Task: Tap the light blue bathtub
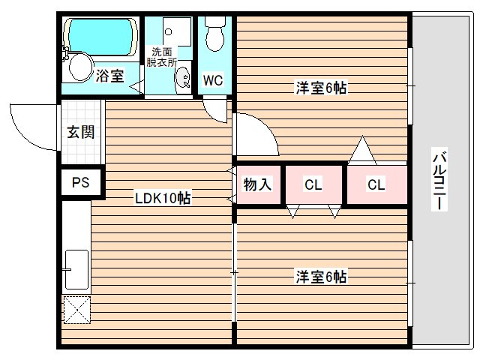[100, 34]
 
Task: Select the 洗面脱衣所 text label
[161, 57]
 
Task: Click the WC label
[212, 80]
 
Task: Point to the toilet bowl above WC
[215, 34]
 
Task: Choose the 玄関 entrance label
[80, 133]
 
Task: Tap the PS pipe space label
[79, 182]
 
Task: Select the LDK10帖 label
[161, 198]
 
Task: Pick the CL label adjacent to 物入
[313, 184]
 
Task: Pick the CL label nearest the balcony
[376, 184]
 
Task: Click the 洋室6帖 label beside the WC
[319, 87]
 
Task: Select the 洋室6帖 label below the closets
[319, 276]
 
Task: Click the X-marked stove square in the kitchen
[76, 308]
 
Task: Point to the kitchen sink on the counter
[76, 269]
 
